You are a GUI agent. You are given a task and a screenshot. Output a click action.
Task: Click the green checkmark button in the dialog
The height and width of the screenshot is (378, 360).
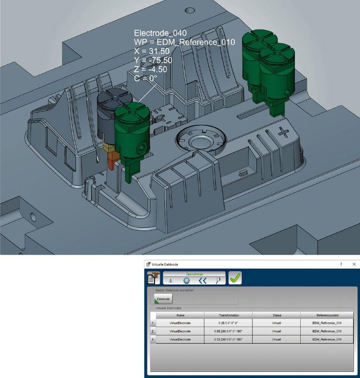click(235, 278)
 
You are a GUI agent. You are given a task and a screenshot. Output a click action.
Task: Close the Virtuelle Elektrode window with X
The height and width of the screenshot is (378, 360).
click(354, 264)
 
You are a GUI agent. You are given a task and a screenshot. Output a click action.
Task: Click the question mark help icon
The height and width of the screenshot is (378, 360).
click(341, 264)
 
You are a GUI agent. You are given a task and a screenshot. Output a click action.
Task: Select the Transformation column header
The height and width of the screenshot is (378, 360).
click(228, 315)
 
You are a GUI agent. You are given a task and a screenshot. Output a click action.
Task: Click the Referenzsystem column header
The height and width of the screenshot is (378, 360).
click(327, 315)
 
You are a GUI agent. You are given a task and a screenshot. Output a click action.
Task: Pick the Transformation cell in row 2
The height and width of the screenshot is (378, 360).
click(228, 331)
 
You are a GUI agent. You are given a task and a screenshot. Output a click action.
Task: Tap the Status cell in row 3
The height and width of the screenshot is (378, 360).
click(276, 339)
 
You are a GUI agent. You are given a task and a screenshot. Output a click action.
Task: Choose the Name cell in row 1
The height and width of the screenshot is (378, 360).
click(180, 323)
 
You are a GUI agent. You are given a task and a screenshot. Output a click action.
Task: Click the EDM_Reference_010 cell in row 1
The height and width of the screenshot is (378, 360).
click(327, 323)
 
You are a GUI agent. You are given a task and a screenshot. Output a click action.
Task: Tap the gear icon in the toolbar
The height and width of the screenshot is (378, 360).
click(186, 281)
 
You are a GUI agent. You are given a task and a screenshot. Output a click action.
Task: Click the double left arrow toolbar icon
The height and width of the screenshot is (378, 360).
click(202, 281)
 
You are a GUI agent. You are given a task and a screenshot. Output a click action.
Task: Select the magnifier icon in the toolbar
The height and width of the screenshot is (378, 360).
click(219, 281)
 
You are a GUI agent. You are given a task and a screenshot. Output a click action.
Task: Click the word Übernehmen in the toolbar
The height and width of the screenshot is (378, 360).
click(194, 274)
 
